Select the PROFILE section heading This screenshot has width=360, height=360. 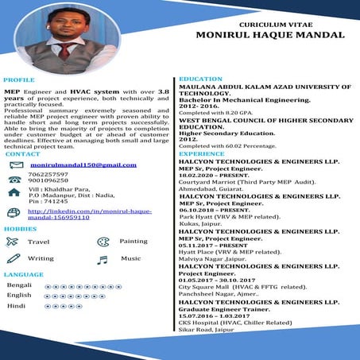pyautogui.click(x=18, y=81)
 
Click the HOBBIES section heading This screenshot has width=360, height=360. pyautogui.click(x=19, y=228)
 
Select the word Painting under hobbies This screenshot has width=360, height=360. pyautogui.click(x=134, y=241)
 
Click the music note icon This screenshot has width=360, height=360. pyautogui.click(x=102, y=259)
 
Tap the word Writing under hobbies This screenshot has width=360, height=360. pyautogui.click(x=41, y=259)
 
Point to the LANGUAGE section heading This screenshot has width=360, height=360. pyautogui.click(x=24, y=274)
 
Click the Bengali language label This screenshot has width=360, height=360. pyautogui.click(x=19, y=285)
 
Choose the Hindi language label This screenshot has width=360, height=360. pyautogui.click(x=16, y=305)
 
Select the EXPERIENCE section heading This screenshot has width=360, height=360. pyautogui.click(x=202, y=153)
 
